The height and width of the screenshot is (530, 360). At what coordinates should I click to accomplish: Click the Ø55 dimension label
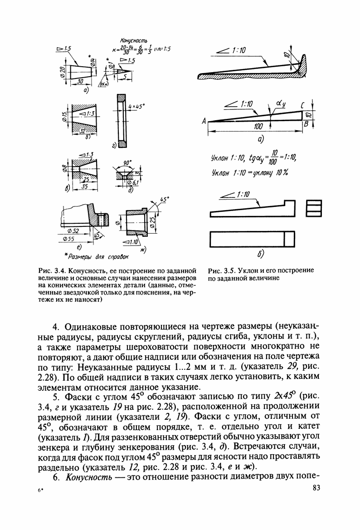[x=68, y=238]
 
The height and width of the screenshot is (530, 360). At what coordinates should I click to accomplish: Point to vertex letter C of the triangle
[x=301, y=106]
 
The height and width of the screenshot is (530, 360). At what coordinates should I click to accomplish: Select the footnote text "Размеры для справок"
[x=91, y=258]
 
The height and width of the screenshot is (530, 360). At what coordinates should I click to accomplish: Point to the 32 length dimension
[x=83, y=130]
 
